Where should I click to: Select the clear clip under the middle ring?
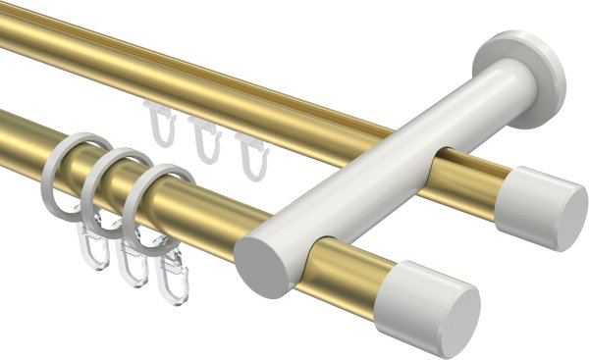pyautogui.click(x=132, y=264)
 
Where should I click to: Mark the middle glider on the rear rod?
pyautogui.click(x=203, y=138)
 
